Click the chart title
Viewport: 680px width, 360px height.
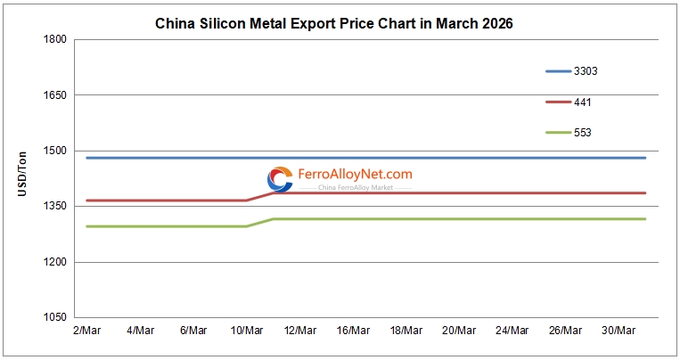pos(334,23)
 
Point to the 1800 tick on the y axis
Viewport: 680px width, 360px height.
pos(55,39)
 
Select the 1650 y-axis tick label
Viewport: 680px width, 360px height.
pos(55,95)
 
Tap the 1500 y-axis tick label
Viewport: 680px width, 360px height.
pos(55,151)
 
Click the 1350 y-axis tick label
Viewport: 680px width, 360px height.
pos(55,207)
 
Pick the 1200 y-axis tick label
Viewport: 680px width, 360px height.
pos(55,262)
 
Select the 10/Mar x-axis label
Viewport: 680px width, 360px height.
pos(246,331)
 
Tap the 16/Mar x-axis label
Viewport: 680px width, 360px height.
pos(353,331)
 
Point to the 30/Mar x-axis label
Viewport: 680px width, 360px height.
pos(619,331)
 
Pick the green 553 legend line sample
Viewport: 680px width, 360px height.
pos(558,133)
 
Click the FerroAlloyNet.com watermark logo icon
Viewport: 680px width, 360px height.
pos(280,179)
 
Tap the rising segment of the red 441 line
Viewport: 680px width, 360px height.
pos(259,197)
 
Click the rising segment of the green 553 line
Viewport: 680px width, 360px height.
pos(259,223)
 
